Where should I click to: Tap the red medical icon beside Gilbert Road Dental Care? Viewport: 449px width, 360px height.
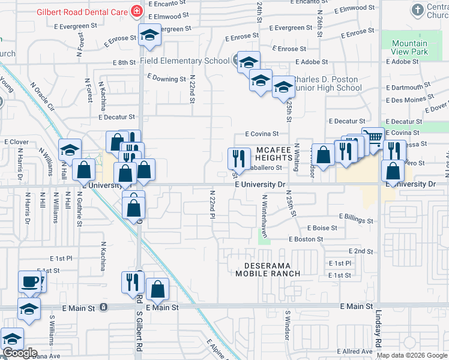pyautogui.click(x=136, y=11)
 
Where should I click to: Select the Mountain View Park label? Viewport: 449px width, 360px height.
pyautogui.click(x=409, y=47)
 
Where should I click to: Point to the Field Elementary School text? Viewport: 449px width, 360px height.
pyautogui.click(x=184, y=61)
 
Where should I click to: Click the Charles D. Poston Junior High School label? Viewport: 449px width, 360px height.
pyautogui.click(x=327, y=83)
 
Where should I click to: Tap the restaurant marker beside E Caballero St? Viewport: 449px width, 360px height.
pyautogui.click(x=239, y=158)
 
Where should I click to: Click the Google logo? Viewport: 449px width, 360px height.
pyautogui.click(x=20, y=353)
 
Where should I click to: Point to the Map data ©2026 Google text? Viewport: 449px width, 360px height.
pyautogui.click(x=412, y=355)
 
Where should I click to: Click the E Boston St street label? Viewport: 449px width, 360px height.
pyautogui.click(x=306, y=239)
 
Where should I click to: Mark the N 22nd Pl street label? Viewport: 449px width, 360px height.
pyautogui.click(x=212, y=205)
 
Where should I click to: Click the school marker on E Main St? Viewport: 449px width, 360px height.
pyautogui.click(x=28, y=310)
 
